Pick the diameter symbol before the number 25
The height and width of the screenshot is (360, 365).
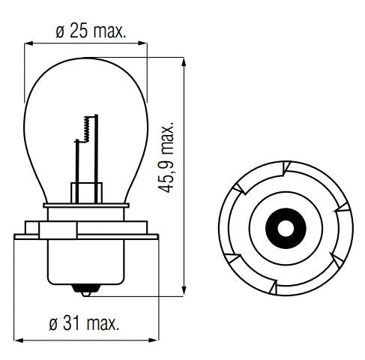59,32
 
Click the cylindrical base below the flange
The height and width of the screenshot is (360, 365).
87,262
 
